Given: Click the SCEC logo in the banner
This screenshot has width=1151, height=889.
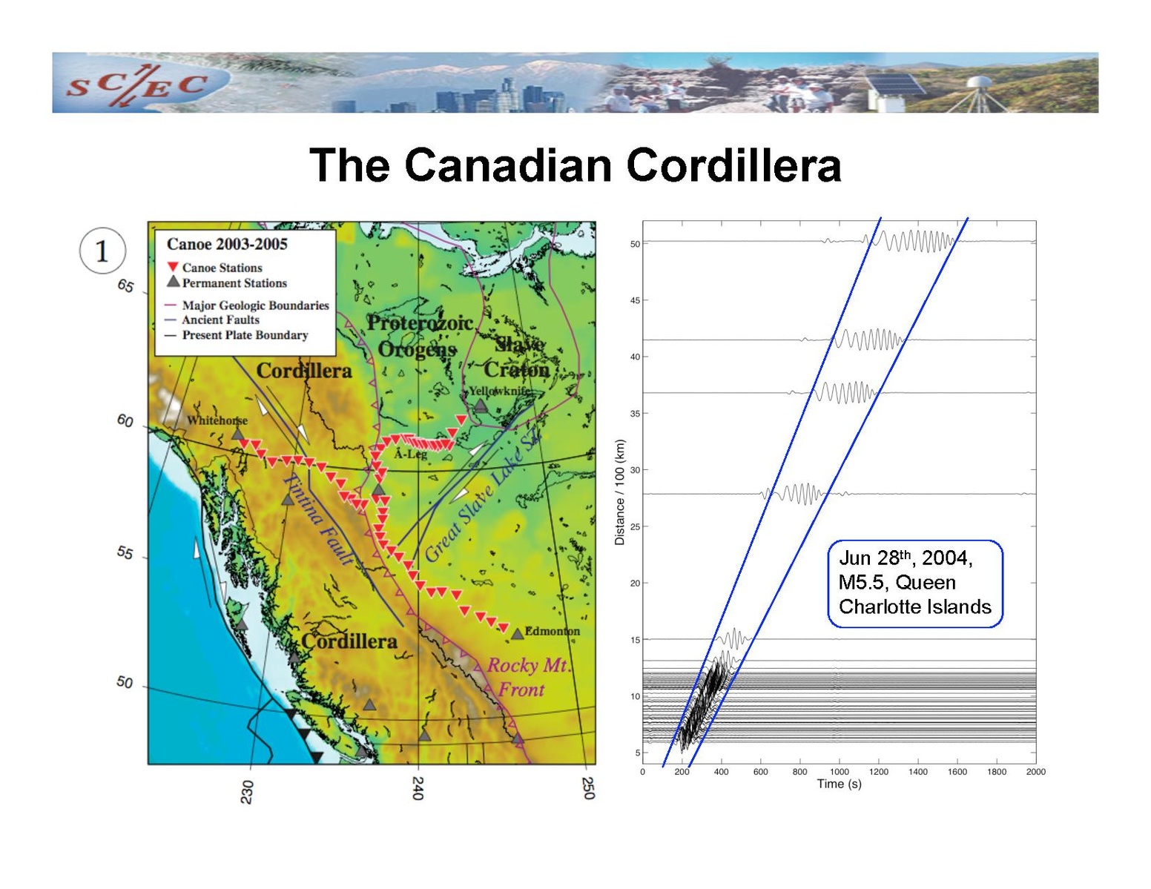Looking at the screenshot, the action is pos(136,85).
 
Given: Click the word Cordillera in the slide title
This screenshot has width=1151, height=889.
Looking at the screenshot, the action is pos(733,165).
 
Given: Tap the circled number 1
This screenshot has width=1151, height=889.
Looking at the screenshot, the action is pos(102,251).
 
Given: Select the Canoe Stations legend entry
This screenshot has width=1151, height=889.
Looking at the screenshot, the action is pos(214,268).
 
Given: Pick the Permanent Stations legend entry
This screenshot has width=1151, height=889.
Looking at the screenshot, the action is pos(227,282).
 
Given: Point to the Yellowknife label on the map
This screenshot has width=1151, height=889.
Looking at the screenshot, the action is pos(500,391).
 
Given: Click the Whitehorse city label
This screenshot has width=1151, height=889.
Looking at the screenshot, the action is pos(217,420).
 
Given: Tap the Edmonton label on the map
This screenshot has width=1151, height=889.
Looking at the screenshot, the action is pos(552,631).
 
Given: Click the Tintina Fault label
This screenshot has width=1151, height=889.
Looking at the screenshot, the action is pos(318,519).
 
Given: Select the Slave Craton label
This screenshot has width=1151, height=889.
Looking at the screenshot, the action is pos(518,357).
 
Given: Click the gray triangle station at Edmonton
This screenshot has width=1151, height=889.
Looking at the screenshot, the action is pos(517,634).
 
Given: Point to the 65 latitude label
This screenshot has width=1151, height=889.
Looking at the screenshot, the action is pos(125,286).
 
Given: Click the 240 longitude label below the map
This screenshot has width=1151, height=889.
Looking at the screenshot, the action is pos(418,788).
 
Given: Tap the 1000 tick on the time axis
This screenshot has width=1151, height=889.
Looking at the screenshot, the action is pos(839,771).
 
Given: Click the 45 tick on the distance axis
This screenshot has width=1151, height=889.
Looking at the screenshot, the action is pos(635,300).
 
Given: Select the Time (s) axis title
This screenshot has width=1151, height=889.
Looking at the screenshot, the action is pos(839,784).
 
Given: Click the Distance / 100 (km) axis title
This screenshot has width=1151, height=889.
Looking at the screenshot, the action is pos(620,492).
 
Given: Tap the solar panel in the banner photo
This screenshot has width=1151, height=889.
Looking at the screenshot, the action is pos(894,85).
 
